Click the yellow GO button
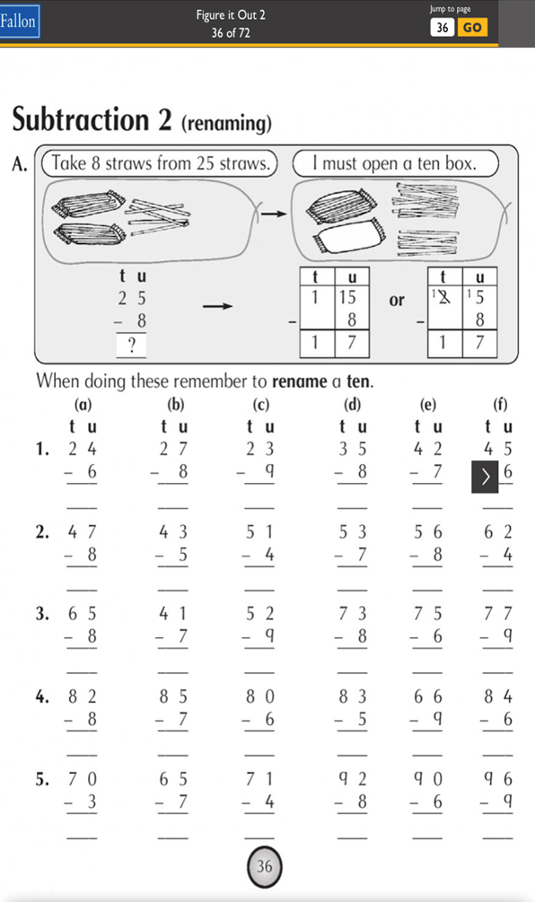click(472, 27)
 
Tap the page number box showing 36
click(443, 27)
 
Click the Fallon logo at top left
click(19, 22)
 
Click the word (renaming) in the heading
click(226, 123)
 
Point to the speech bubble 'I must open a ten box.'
click(396, 163)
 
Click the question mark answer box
click(131, 346)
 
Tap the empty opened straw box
click(347, 238)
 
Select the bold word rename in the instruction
click(299, 381)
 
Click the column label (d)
click(352, 405)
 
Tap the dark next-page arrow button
click(486, 477)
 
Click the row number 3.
click(42, 614)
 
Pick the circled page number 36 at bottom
click(265, 866)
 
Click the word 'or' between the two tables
click(397, 301)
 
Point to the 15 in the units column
click(347, 297)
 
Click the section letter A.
click(20, 164)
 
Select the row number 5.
click(42, 779)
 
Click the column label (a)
click(83, 405)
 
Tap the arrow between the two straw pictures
click(273, 214)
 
